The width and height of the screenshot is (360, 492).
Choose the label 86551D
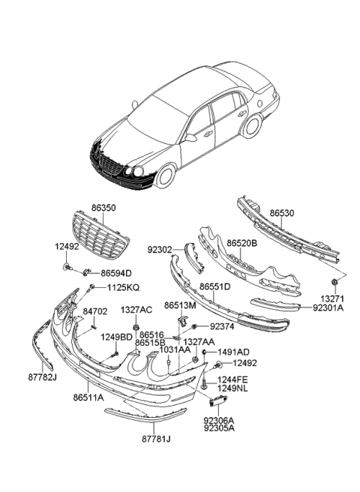pos(214,286)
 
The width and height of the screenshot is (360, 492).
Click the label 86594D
pos(116,273)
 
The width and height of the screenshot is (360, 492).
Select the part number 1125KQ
pos(122,287)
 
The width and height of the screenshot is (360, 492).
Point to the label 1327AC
pos(137,309)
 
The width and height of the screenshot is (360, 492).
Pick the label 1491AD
pos(233,352)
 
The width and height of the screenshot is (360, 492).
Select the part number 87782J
pos(43,377)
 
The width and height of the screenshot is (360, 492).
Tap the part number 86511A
pos(89,391)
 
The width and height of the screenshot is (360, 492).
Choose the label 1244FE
pos(232,381)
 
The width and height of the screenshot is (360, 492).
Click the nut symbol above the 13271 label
pos(331,283)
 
